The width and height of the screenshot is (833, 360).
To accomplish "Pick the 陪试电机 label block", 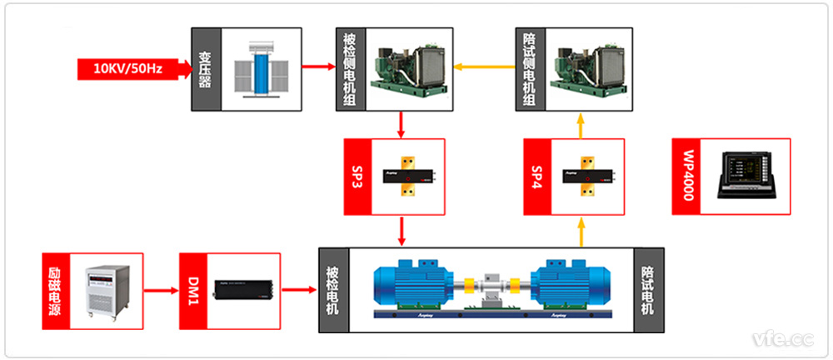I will [648, 291].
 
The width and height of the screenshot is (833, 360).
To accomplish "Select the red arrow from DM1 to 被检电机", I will [300, 291].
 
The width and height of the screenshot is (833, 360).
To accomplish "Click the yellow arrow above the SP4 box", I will [581, 126].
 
